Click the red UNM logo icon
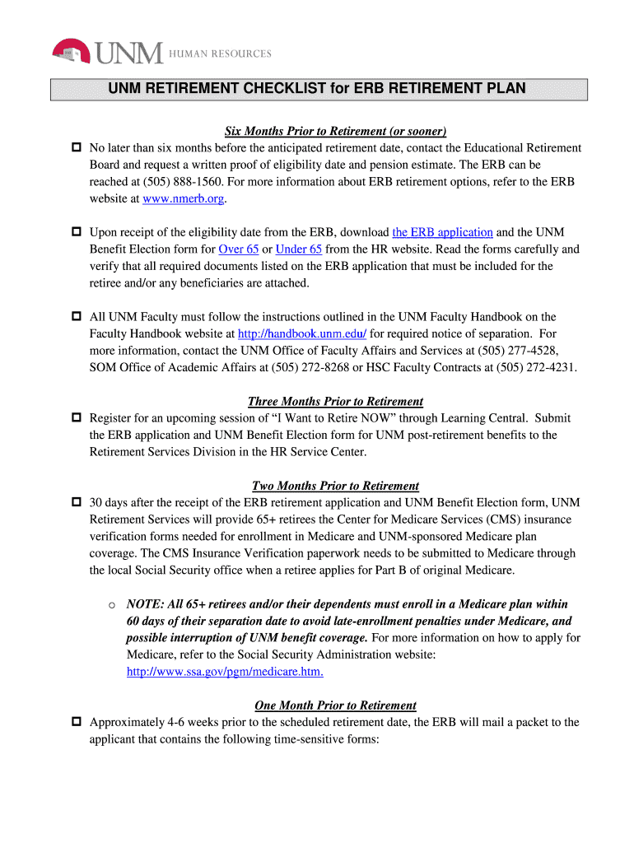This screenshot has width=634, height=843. pos(72,51)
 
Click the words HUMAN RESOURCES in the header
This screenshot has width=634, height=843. pos(220,54)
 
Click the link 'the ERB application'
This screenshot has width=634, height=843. pos(442,232)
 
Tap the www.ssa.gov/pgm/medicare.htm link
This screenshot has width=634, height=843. pos(224,672)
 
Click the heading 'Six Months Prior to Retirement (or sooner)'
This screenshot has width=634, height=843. pos(336,131)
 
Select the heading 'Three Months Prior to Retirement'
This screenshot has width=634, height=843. pos(335,401)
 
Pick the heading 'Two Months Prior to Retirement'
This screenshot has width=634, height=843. pos(335,486)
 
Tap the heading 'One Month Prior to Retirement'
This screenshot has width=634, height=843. pos(335,706)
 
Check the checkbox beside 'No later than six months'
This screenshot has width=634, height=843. pos(76,148)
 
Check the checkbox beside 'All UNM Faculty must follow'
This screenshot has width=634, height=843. pos(76,317)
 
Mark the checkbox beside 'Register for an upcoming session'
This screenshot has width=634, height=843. pos(76,418)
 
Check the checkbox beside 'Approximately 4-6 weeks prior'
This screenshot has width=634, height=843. pos(76,723)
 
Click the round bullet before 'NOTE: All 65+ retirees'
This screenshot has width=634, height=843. pos(110,605)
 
